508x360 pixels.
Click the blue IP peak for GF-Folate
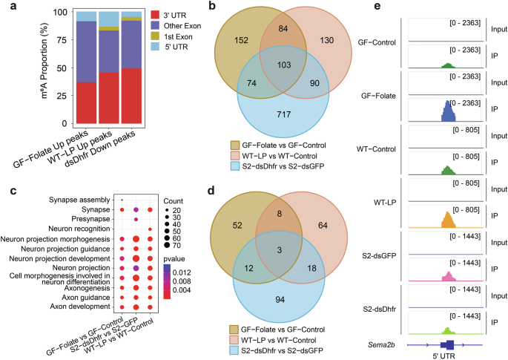(448, 114)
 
